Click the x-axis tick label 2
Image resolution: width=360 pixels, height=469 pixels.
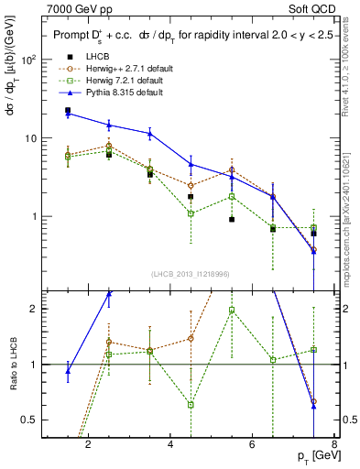88,446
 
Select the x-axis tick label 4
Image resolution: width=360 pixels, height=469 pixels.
171,446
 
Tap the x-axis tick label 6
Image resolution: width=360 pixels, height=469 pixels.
254,446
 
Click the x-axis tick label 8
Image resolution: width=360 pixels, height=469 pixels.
334,446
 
